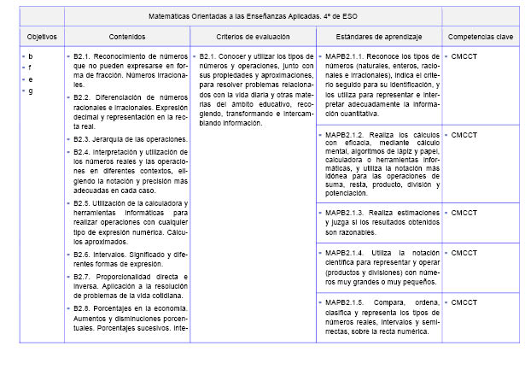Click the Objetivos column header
click(x=41, y=38)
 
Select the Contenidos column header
click(x=127, y=38)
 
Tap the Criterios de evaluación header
click(x=252, y=38)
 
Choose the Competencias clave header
click(x=481, y=38)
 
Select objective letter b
click(x=31, y=56)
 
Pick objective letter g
click(x=31, y=91)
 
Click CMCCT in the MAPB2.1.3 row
click(x=464, y=212)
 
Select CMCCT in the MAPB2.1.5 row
click(x=464, y=302)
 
